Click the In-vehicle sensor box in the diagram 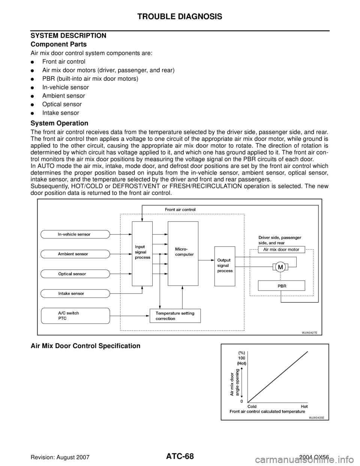pos(75,235)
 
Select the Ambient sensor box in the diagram pos(75,254)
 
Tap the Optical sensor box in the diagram pos(75,274)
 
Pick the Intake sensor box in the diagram pos(75,293)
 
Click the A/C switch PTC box pos(75,316)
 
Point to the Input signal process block pos(142,254)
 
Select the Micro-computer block pos(183,254)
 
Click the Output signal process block pos(225,266)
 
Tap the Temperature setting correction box pos(175,316)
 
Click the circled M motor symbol pos(280,267)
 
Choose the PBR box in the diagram pos(281,286)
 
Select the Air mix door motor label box pos(281,250)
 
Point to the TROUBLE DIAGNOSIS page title pos(180,17)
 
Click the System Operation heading pos(59,123)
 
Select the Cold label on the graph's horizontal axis pos(252,407)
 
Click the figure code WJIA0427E pos(309,332)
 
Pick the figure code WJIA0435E pos(316,418)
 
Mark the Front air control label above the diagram pos(180,209)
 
